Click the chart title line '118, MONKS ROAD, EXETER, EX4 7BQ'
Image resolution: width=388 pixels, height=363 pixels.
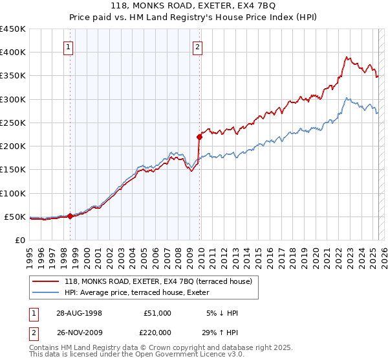pyautogui.click(x=193, y=6)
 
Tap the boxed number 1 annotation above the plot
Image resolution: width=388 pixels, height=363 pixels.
pyautogui.click(x=69, y=46)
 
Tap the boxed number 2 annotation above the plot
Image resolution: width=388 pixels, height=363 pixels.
pyautogui.click(x=197, y=46)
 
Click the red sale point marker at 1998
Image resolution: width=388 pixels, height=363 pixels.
pyautogui.click(x=70, y=216)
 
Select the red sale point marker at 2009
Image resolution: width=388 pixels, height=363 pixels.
pyautogui.click(x=199, y=137)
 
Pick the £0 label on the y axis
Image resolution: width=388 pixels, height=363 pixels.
pyautogui.click(x=19, y=240)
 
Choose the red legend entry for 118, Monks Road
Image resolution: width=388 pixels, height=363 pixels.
pyautogui.click(x=162, y=281)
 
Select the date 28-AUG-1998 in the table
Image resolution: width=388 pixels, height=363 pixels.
pyautogui.click(x=78, y=313)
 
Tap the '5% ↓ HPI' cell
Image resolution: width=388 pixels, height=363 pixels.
pyautogui.click(x=222, y=313)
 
